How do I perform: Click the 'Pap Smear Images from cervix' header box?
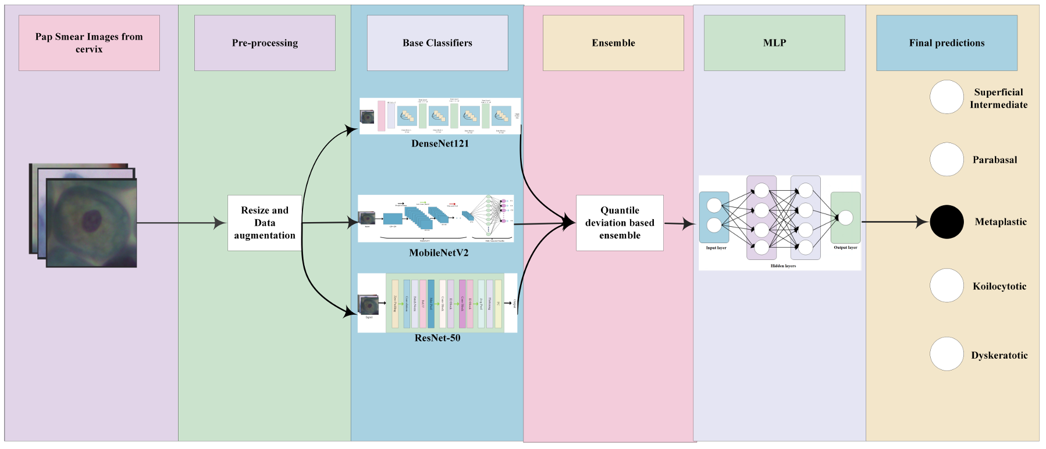[89, 43]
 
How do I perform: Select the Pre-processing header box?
[265, 43]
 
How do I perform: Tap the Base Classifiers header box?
[437, 43]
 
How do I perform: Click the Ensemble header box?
[613, 43]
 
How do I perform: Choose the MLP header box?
[774, 43]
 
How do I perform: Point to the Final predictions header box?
[947, 43]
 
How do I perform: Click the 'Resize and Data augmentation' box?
[265, 223]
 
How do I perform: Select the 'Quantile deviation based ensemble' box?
[620, 223]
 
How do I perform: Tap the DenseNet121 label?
[440, 144]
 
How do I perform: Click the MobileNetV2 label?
[439, 253]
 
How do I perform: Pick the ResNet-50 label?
[437, 338]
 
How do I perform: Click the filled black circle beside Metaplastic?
[947, 222]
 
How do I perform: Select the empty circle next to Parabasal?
[947, 159]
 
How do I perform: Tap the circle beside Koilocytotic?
[947, 286]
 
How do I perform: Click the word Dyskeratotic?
[999, 355]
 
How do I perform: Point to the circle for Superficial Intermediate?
[947, 97]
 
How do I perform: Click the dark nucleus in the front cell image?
[91, 220]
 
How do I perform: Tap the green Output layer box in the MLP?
[845, 218]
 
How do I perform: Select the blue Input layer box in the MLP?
[714, 216]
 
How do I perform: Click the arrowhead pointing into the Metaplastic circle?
[922, 222]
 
